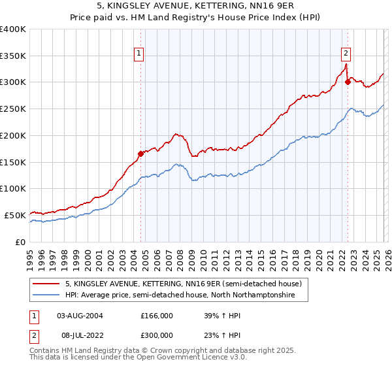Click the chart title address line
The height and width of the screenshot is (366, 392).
point(195,6)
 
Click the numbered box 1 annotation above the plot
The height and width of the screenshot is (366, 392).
point(140,54)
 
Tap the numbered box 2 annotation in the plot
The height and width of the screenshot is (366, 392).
point(346,54)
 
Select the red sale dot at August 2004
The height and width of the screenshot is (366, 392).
point(140,154)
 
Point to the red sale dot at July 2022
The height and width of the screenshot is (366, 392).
point(348,82)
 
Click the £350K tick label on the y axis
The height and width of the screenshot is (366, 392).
point(13,56)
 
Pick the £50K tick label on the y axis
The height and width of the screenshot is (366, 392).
point(15,215)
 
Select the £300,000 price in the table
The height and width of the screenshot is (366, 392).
point(157,334)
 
